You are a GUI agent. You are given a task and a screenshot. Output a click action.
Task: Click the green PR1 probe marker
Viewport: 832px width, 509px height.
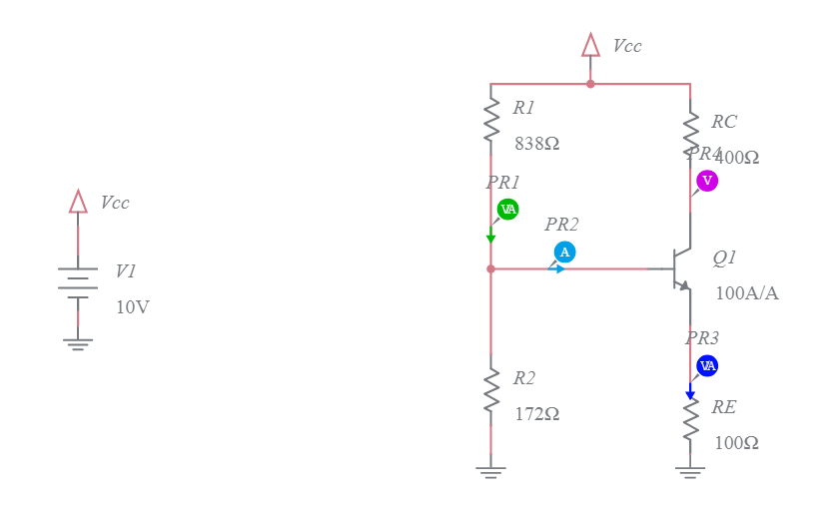(x=507, y=210)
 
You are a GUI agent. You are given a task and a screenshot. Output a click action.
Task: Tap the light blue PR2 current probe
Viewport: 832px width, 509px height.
(x=564, y=253)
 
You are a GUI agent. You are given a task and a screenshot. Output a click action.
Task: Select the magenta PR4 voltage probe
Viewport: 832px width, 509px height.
(x=707, y=181)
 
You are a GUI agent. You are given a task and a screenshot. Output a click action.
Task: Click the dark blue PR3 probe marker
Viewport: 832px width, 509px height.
(x=707, y=365)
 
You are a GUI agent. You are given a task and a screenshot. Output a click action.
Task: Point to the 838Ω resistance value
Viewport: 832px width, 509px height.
(x=537, y=144)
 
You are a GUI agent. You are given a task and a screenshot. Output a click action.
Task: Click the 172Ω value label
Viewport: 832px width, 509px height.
(x=537, y=414)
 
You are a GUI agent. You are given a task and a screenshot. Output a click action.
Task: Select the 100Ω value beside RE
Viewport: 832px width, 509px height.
(x=736, y=443)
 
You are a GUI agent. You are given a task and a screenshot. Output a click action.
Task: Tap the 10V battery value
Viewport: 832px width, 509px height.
(x=133, y=307)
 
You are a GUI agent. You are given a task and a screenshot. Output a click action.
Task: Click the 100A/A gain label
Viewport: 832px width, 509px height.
(x=747, y=293)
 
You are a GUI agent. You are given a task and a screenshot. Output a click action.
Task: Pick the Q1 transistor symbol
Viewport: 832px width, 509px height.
(x=680, y=268)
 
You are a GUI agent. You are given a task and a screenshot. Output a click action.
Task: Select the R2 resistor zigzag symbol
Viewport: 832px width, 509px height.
(x=490, y=390)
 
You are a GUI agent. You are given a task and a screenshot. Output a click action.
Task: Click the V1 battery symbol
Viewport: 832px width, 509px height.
(x=78, y=283)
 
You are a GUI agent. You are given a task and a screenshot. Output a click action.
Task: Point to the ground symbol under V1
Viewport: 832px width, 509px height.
(x=78, y=344)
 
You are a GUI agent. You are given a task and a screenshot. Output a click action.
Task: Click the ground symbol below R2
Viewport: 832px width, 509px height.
(x=490, y=471)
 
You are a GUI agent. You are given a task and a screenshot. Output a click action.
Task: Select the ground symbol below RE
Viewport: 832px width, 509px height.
(x=690, y=471)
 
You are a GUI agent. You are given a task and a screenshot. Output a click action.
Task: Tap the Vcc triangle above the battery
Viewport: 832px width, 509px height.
(x=78, y=202)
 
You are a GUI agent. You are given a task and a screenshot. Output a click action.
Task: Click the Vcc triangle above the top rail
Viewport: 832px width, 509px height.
(x=590, y=45)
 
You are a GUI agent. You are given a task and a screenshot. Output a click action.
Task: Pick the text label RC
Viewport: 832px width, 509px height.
(x=724, y=122)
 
